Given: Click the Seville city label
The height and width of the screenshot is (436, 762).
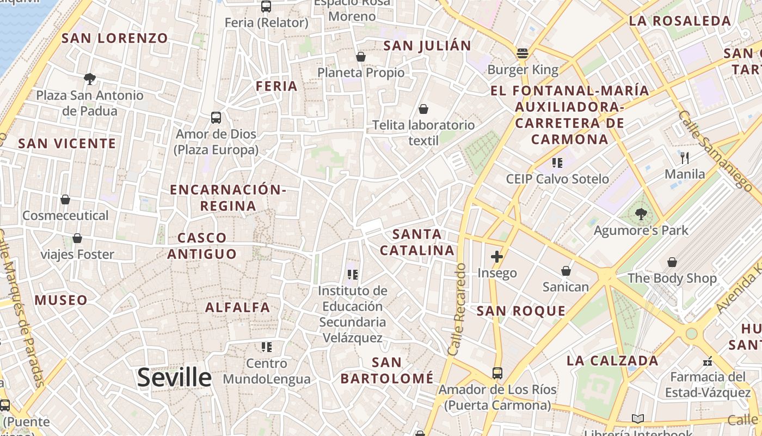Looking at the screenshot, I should [174, 377].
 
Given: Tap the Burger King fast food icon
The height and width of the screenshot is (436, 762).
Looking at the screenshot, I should [523, 53].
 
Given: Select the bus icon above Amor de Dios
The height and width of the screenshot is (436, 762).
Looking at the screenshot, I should [216, 118].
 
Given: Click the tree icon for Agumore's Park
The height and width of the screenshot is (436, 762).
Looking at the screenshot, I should [641, 214].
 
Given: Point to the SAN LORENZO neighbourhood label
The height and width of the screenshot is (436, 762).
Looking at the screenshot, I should [115, 38].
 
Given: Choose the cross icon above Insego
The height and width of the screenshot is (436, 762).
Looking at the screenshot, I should [496, 256].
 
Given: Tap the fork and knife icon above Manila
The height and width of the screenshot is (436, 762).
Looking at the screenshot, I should [685, 158].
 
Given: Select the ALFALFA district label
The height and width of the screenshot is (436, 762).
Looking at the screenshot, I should [238, 307].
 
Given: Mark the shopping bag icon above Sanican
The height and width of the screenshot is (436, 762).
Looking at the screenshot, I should [566, 271].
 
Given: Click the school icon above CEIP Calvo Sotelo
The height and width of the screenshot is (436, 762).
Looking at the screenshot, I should [557, 162].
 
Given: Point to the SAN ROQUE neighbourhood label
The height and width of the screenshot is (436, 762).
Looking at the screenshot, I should [521, 311].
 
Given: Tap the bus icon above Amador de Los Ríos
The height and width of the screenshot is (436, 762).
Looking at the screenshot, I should [497, 373].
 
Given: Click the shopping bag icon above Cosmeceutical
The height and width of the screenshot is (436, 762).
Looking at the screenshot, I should [65, 199].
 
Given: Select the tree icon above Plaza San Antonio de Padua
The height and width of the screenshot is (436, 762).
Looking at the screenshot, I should [90, 79].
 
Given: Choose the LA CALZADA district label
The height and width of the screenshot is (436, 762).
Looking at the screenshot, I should [612, 361].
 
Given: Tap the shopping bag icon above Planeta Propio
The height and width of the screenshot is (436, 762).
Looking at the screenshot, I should [360, 57].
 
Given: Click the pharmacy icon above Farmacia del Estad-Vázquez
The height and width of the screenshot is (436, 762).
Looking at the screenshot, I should [708, 361].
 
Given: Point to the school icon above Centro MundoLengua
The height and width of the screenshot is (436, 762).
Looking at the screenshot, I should [266, 347].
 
